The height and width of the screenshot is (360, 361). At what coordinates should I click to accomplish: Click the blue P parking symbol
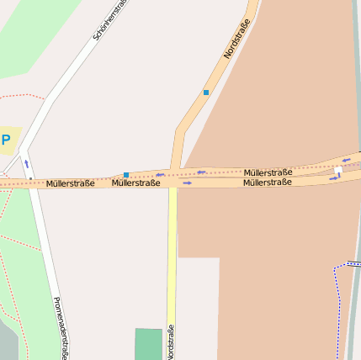(6, 140)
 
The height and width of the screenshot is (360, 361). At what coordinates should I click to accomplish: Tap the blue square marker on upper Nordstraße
(205, 93)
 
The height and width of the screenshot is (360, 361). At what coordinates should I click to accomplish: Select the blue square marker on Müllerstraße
(126, 175)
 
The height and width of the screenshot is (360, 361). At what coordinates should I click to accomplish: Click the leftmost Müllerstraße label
(70, 183)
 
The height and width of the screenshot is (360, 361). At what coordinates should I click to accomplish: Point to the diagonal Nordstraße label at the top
(237, 40)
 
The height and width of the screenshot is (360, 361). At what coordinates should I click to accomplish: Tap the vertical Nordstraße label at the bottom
(170, 341)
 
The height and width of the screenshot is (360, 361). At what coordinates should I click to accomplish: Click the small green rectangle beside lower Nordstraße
(148, 343)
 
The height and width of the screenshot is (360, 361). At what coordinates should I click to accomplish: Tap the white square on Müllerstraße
(338, 171)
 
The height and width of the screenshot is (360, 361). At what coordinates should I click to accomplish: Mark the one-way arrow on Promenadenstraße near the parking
(26, 164)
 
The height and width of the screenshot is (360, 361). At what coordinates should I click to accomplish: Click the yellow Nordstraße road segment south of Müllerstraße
(172, 252)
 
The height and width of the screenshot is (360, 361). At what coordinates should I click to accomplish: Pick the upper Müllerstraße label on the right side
(268, 172)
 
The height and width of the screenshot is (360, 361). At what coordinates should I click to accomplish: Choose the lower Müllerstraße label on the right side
(268, 182)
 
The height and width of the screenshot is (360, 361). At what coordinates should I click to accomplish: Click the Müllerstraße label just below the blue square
(135, 183)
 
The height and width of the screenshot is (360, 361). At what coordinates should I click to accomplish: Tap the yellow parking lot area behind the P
(12, 135)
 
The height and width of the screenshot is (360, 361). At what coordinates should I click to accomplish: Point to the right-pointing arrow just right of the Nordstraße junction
(188, 183)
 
